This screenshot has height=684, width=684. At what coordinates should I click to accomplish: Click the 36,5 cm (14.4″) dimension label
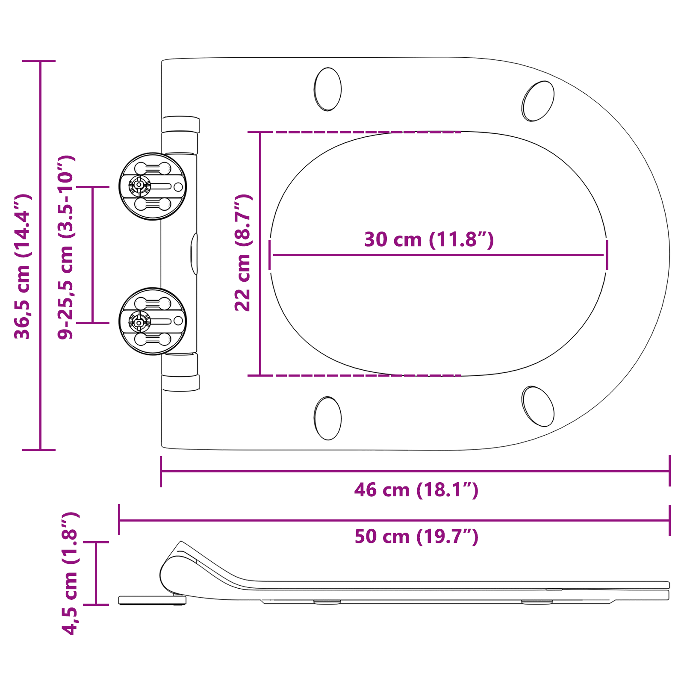coord(22,267)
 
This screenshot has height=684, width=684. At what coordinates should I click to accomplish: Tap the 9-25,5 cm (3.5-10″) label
coord(66,247)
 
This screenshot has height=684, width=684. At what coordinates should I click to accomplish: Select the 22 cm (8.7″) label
coord(243,252)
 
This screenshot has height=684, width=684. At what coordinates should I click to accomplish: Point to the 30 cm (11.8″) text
coord(429,239)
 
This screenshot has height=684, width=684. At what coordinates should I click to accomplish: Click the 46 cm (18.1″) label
coord(416,490)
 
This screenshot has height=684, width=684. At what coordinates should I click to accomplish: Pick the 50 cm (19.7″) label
coord(416,537)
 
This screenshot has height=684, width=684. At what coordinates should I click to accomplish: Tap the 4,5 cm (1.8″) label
coord(70,573)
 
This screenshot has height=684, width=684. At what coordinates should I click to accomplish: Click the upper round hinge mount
coord(153,186)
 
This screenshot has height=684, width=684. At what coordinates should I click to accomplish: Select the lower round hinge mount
coord(153,321)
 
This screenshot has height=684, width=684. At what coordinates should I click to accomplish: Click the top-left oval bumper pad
coord(328,89)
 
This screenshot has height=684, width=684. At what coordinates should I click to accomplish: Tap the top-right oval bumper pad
coord(538,101)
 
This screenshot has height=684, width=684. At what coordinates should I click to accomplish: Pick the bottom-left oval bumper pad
coord(328,418)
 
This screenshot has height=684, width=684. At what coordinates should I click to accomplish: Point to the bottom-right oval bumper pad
coord(538,406)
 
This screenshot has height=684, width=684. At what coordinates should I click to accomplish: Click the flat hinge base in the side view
coord(152,600)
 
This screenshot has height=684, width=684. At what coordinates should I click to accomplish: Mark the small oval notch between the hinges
coord(194,254)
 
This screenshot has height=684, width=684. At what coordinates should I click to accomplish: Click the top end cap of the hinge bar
coord(180,124)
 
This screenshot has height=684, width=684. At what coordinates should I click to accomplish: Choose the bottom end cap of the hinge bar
coord(180,383)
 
